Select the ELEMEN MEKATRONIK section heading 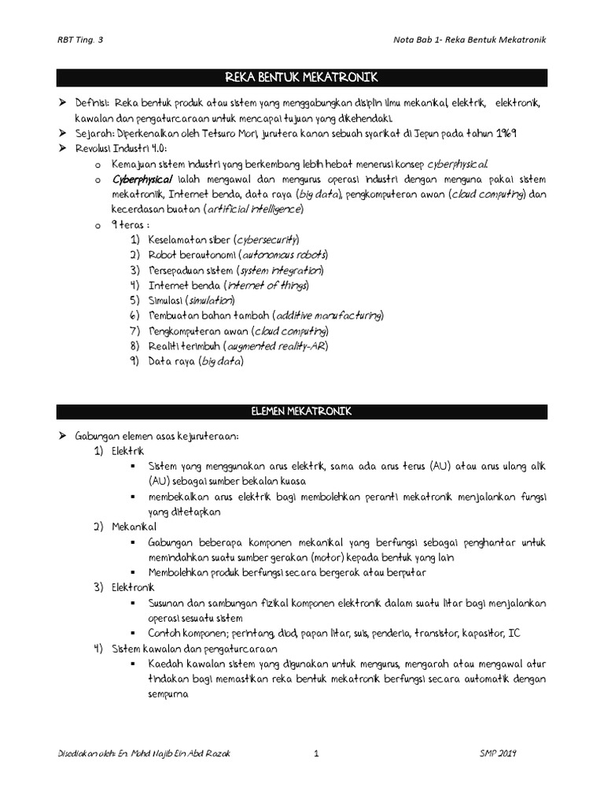tap(302, 411)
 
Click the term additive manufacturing tap(326, 315)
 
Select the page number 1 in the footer tap(315, 752)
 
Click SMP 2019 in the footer tap(504, 752)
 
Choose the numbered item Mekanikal tap(134, 526)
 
